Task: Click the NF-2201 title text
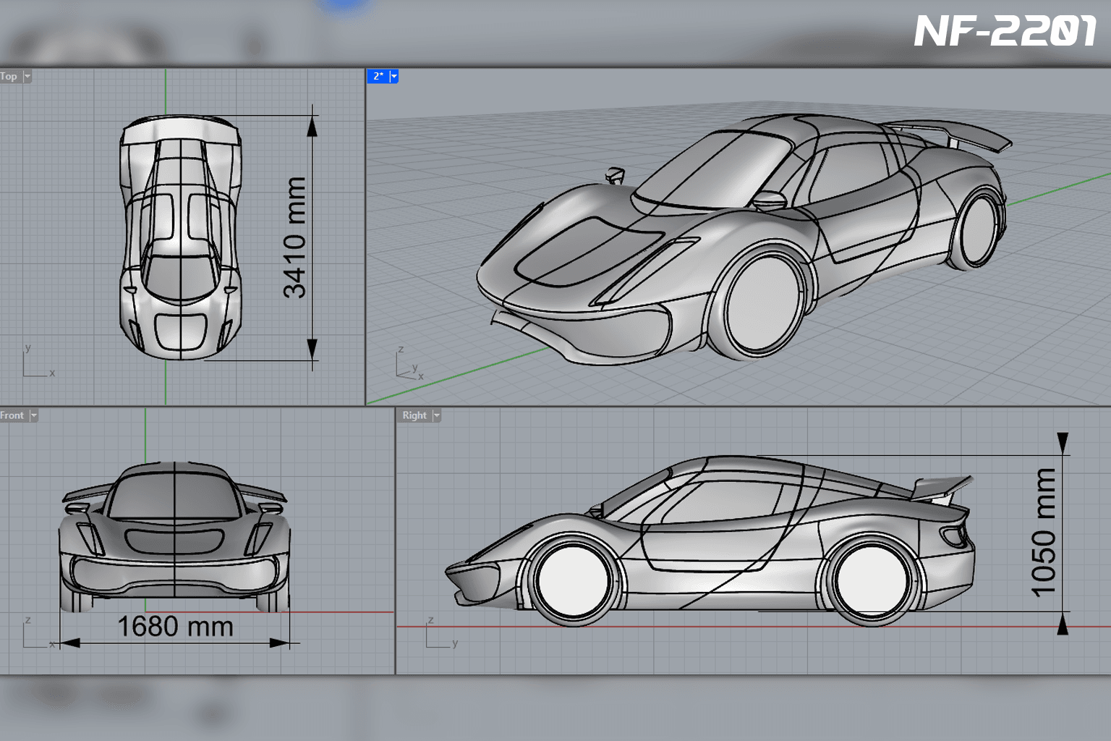coord(1005,31)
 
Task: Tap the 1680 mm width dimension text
coord(176,627)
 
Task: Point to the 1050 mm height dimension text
coord(1043,533)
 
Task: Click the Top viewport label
coord(9,77)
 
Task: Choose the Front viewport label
coord(12,415)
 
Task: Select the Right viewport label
coord(414,415)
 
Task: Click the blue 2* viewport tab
coord(383,76)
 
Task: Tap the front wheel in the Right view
coord(574,580)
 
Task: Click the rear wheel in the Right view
coord(872,580)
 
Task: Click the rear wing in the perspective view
coord(953,135)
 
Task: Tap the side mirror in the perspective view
coord(770,200)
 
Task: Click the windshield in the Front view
coord(174,495)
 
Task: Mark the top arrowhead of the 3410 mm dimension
coord(312,127)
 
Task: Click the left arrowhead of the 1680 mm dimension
coord(69,643)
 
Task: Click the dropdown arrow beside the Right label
coord(436,415)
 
